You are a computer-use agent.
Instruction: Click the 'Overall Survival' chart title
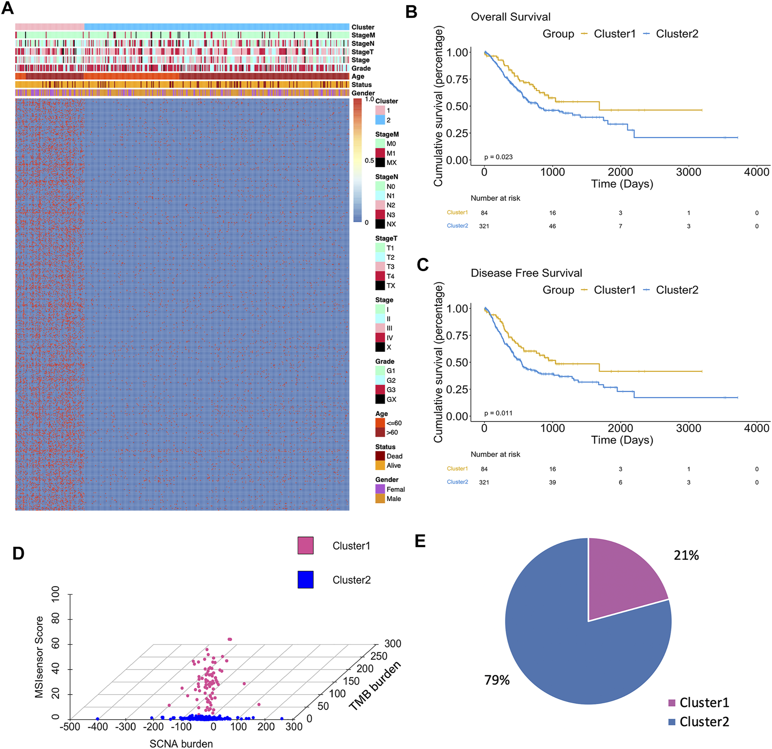pyautogui.click(x=510, y=17)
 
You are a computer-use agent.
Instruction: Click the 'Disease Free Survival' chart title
pyautogui.click(x=526, y=273)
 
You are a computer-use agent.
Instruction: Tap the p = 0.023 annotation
pyautogui.click(x=498, y=157)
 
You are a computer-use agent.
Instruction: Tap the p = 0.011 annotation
pyautogui.click(x=498, y=413)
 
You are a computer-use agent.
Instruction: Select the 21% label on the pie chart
pyautogui.click(x=686, y=556)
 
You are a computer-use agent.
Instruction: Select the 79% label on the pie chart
pyautogui.click(x=497, y=680)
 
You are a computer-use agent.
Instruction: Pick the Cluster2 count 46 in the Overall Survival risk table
pyautogui.click(x=552, y=226)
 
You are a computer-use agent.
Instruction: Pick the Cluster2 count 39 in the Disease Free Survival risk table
pyautogui.click(x=552, y=482)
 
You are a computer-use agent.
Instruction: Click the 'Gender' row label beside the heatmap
pyautogui.click(x=362, y=93)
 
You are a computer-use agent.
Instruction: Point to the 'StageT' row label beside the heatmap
pyautogui.click(x=362, y=52)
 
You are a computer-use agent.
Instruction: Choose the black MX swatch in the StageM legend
pyautogui.click(x=380, y=163)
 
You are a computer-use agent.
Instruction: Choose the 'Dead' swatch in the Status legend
pyautogui.click(x=380, y=456)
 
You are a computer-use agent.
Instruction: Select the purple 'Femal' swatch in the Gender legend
pyautogui.click(x=380, y=489)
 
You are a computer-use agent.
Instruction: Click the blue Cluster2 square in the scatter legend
pyautogui.click(x=305, y=580)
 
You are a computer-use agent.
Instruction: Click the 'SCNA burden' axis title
pyautogui.click(x=181, y=744)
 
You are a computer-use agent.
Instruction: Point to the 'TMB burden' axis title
pyautogui.click(x=374, y=686)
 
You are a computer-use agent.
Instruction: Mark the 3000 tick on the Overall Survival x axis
pyautogui.click(x=688, y=172)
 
